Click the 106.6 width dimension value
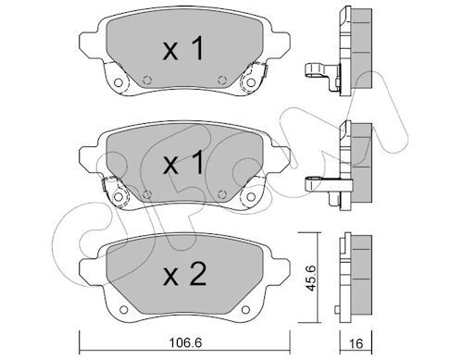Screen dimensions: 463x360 point(185,342)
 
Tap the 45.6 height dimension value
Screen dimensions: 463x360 point(309,278)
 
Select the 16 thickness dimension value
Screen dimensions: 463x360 point(356,343)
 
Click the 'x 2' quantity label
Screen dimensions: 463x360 point(184,273)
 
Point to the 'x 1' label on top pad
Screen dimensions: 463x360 point(183,48)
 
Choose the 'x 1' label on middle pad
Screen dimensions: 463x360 point(183,162)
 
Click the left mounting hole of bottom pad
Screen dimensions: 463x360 point(123,309)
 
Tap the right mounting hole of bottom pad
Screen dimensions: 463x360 point(245,309)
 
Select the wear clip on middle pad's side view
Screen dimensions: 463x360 point(327,185)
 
